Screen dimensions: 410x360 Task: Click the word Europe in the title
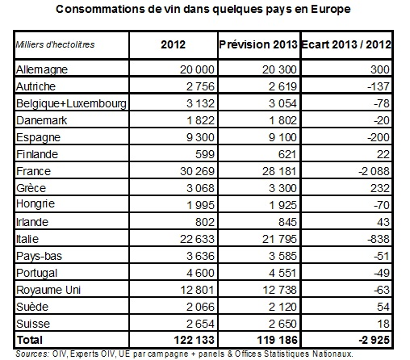[331, 9]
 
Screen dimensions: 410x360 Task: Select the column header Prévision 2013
[258, 44]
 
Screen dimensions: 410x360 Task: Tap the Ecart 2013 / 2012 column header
[346, 44]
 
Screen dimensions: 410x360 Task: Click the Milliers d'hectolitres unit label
[55, 44]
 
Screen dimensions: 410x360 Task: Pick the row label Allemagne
[42, 69]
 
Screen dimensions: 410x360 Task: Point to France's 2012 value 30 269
[197, 171]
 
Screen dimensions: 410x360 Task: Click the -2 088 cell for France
[374, 171]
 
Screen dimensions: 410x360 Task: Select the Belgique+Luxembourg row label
[71, 103]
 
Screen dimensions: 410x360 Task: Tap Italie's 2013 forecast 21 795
[279, 239]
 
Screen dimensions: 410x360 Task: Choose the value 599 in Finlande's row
[205, 154]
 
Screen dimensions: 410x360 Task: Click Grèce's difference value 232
[380, 188]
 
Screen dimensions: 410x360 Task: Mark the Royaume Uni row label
[48, 290]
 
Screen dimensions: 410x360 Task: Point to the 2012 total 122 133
[194, 340]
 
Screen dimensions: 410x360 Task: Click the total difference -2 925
[374, 340]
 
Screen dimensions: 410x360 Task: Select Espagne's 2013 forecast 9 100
[282, 137]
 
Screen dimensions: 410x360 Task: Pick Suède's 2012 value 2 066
[200, 307]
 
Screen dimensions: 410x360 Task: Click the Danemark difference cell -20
[382, 120]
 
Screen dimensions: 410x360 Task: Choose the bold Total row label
[30, 340]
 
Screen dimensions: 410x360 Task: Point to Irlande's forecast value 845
[287, 222]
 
